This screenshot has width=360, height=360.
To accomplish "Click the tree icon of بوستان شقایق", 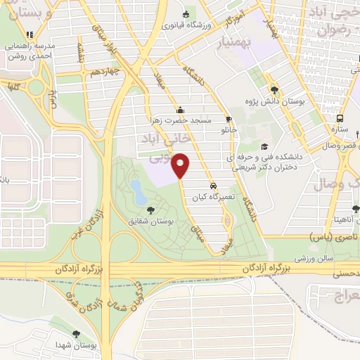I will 149,210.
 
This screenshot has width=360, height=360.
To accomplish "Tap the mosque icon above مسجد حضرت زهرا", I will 180,109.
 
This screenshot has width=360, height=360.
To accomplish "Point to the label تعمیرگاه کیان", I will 209,198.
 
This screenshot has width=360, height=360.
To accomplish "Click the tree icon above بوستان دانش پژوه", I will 274,90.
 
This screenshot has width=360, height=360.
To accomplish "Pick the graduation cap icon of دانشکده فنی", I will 264,146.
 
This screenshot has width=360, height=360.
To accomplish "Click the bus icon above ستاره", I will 340,119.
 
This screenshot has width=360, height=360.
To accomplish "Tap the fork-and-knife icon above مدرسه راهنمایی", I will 29,34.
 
